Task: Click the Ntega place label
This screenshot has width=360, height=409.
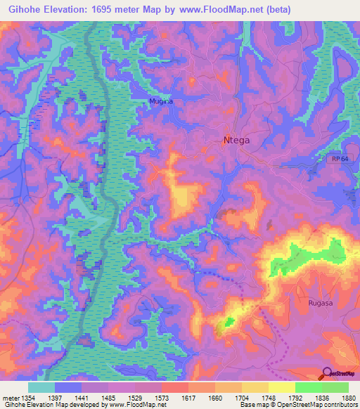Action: (x=236, y=140)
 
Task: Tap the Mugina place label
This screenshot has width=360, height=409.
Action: (x=160, y=102)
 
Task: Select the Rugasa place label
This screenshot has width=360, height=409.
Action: (x=320, y=303)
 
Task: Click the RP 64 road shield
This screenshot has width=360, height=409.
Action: (x=338, y=160)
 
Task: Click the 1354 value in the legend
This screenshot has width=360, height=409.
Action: (x=27, y=397)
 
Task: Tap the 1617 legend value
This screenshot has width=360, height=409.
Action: (x=189, y=397)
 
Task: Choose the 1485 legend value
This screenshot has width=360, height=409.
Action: (x=108, y=397)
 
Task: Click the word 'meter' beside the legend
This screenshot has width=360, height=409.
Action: (x=9, y=397)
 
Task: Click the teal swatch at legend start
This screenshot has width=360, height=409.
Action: (x=41, y=387)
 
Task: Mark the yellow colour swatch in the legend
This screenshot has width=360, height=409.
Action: (x=281, y=387)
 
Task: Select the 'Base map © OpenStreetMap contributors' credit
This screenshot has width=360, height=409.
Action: (x=298, y=405)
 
